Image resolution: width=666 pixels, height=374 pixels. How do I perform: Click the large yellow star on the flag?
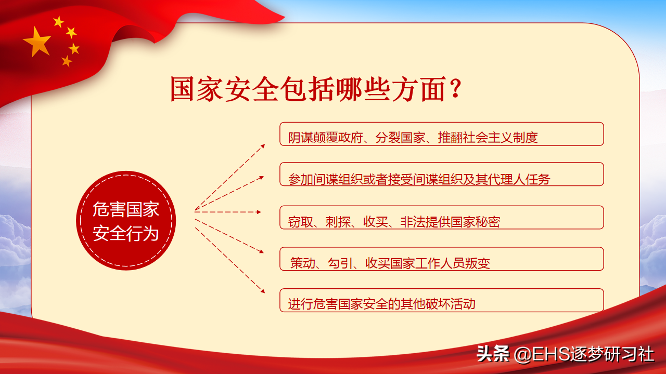[37, 42]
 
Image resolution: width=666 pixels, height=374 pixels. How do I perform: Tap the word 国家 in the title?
[196, 89]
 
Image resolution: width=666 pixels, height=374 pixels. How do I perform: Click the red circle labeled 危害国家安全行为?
[126, 221]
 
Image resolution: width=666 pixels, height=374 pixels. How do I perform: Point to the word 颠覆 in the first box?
[325, 138]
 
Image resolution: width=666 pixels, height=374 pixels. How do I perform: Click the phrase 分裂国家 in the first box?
[400, 138]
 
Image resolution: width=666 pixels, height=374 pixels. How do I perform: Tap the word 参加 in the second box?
[301, 180]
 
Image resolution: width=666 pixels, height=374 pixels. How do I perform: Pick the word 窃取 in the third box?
[301, 222]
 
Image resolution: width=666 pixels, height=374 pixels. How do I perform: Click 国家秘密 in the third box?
[475, 222]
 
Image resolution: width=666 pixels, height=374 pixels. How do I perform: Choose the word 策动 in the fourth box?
[303, 263]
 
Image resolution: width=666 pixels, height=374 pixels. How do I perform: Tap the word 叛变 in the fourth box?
[478, 263]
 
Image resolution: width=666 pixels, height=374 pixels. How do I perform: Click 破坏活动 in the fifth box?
[450, 304]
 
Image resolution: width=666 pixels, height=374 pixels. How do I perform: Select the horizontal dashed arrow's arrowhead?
[259, 212]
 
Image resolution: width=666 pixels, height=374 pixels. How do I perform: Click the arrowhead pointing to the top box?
[263, 146]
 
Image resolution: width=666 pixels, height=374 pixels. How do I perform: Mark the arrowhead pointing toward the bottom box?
[263, 291]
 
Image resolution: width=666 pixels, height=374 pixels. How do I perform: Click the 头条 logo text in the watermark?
[493, 354]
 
